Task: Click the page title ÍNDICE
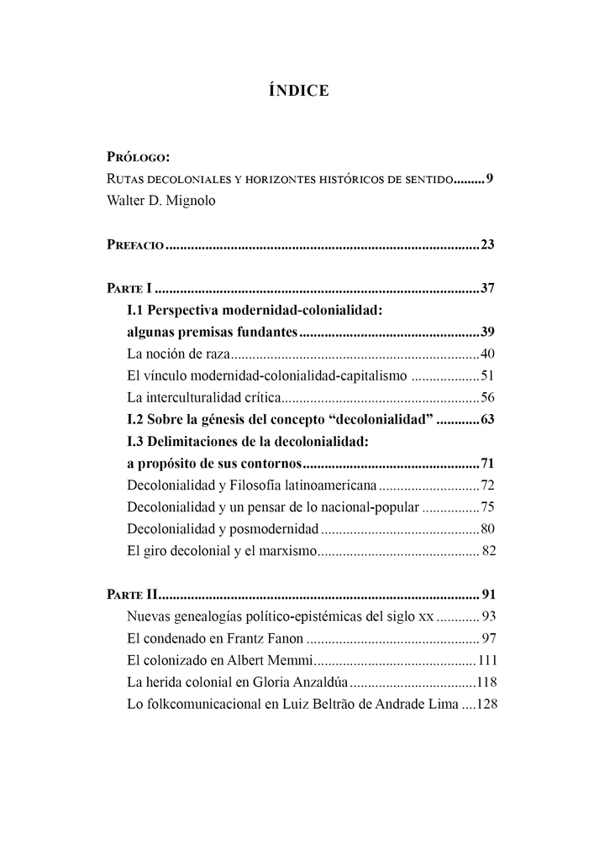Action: [297, 91]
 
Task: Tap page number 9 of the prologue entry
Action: [489, 179]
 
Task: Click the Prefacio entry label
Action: [135, 246]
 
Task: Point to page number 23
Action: [487, 246]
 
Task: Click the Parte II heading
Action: [131, 595]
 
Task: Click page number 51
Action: [487, 375]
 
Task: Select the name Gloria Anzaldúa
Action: [297, 683]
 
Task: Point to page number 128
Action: [487, 705]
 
